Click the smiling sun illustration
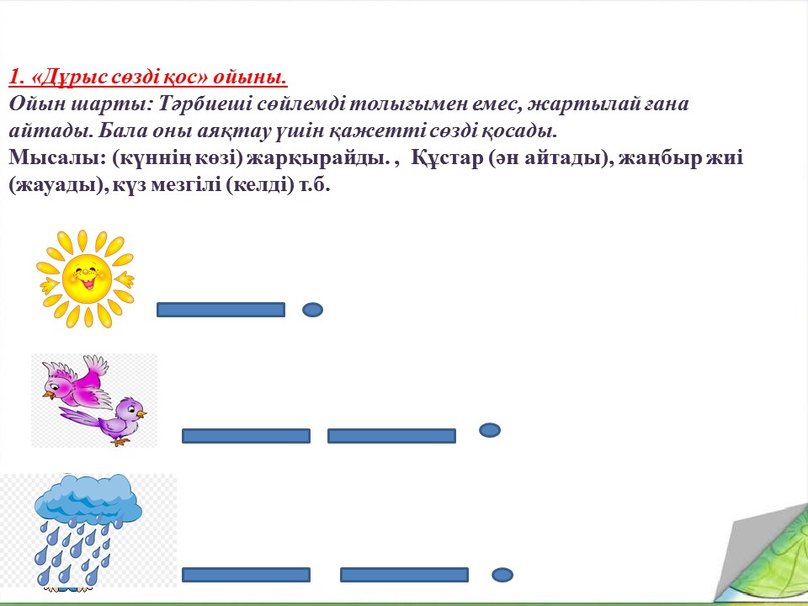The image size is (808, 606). pos(86,279)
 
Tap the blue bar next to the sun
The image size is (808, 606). pos(221,310)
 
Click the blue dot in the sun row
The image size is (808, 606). pos(313,310)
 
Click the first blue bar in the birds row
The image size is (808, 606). pos(246,436)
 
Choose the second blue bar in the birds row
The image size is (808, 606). pos(391,436)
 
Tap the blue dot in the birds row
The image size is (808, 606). pos(490,430)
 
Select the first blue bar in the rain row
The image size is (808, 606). pos(246,575)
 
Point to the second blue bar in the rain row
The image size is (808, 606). pos(405,575)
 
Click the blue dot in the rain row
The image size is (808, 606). pos(502,575)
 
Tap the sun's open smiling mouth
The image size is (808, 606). pos(88,283)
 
